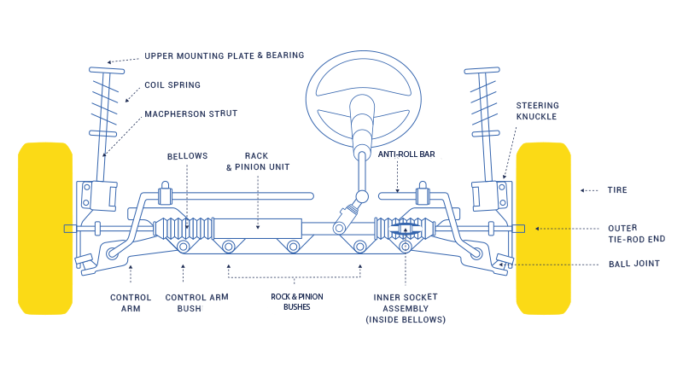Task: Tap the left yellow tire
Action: [45, 228]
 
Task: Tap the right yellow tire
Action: [543, 228]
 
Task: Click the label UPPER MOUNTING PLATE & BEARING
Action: [224, 55]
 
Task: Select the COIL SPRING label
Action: [172, 85]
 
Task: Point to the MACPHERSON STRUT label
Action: [190, 113]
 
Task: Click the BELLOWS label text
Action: [188, 156]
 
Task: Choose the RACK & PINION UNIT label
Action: [257, 161]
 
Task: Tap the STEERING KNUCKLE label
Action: [536, 111]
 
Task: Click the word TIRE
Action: [617, 190]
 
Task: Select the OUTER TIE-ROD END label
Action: [636, 234]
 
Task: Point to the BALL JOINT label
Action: [633, 264]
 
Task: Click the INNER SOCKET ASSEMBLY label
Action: [406, 308]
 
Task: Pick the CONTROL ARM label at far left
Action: [131, 303]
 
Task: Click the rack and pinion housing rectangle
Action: [257, 229]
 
